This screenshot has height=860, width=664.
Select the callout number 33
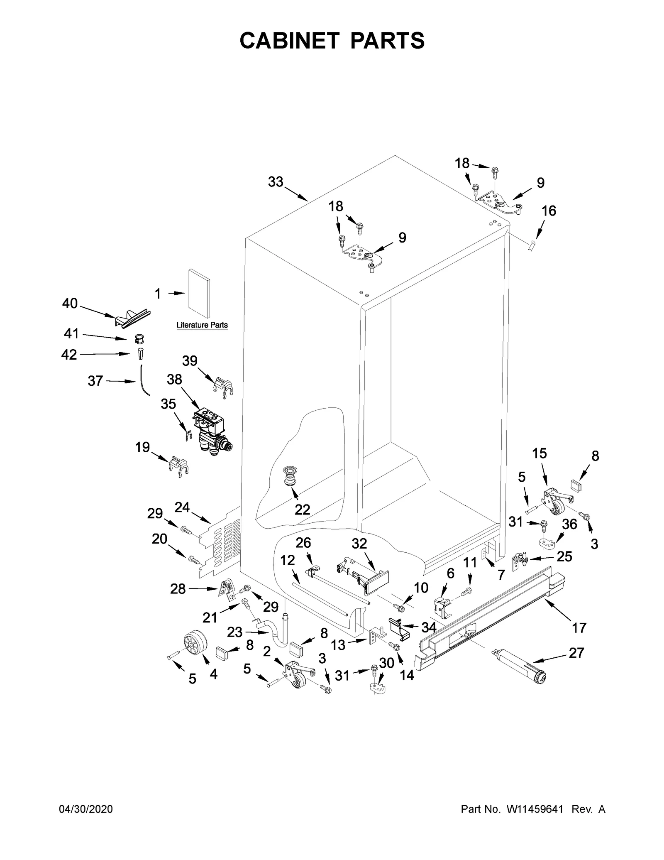pos(275,181)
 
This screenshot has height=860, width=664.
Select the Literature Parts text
pos(202,325)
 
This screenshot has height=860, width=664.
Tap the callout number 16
pos(549,211)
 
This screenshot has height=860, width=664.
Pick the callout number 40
pos(70,304)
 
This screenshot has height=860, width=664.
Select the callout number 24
pos(182,507)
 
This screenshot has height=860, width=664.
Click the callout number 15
pos(539,453)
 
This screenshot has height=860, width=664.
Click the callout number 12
pos(288,560)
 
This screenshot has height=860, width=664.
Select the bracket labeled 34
pos(399,628)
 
